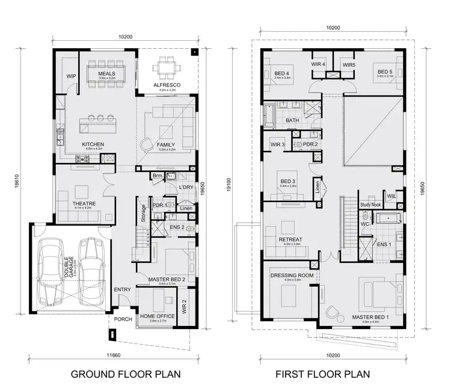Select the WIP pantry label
[x=71, y=76]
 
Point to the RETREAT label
[x=290, y=239]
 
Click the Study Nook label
[x=371, y=205]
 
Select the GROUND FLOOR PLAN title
[x=126, y=374]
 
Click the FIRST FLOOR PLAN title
[x=323, y=374]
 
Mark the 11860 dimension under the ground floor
[x=124, y=355]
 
